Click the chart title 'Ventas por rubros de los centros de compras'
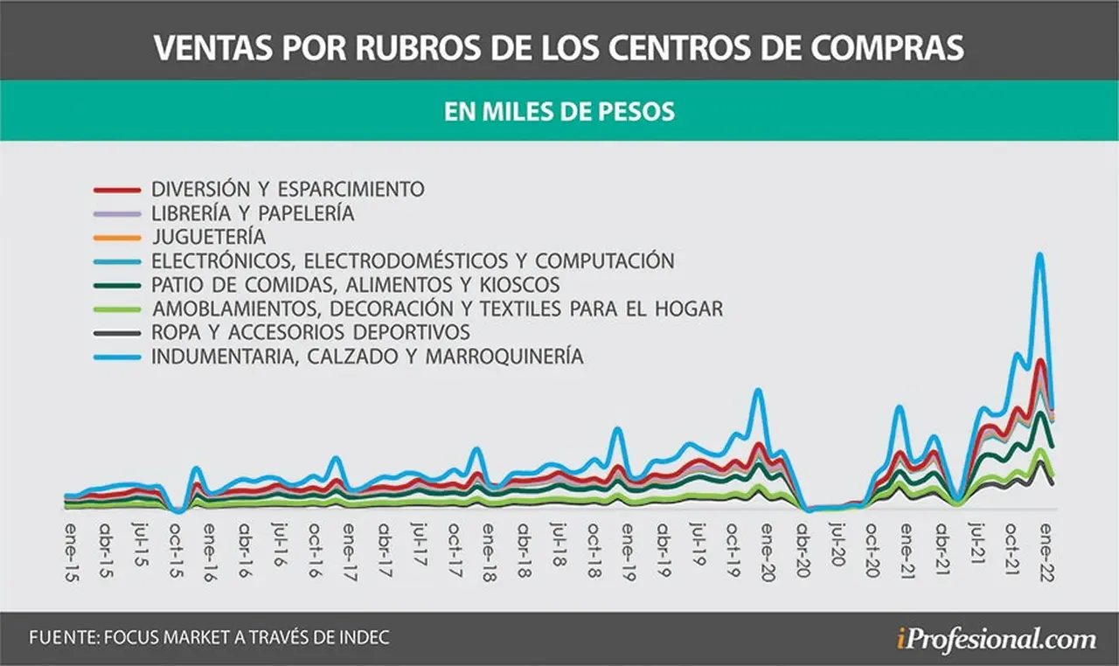[559, 47]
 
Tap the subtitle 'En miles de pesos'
[559, 111]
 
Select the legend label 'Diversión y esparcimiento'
[288, 189]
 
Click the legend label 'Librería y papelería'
[254, 213]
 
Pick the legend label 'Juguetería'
[209, 237]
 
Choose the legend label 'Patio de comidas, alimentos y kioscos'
[356, 285]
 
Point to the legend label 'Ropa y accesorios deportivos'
[310, 332]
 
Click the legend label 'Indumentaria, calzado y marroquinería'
[368, 357]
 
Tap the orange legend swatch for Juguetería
[117, 238]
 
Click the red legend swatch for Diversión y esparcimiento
[117, 191]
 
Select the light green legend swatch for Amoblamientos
[117, 309]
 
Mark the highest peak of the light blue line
[1040, 254]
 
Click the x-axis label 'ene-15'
[72, 552]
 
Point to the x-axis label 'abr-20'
[803, 551]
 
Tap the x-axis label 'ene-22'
[1047, 552]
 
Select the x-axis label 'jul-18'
[559, 545]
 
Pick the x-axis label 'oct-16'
[314, 551]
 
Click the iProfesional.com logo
[997, 640]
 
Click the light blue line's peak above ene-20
[758, 391]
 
